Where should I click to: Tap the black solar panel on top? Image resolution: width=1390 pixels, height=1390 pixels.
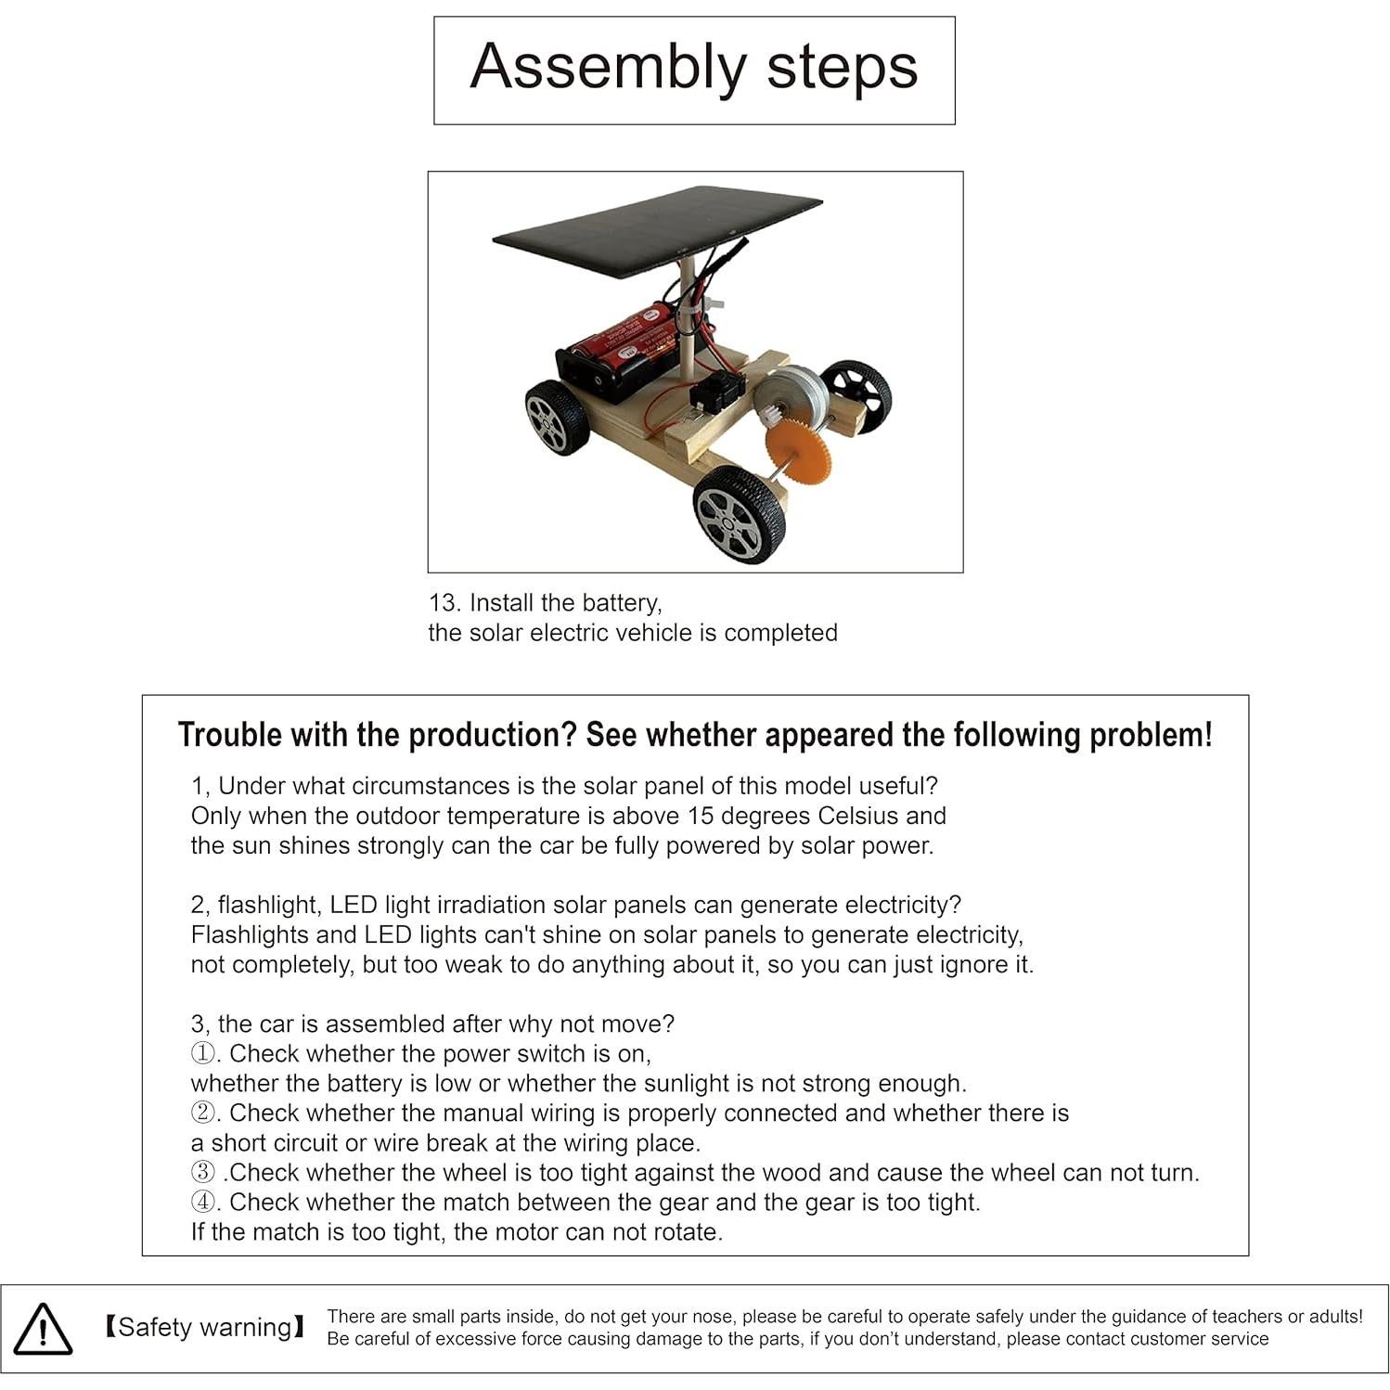coord(657,230)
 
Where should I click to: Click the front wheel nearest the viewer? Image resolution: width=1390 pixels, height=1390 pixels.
coord(740,513)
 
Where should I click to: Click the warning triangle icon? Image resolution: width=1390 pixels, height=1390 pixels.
coord(43,1329)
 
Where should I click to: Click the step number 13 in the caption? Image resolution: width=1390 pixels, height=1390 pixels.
coord(444,603)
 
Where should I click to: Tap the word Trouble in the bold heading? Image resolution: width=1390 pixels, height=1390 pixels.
coord(229,734)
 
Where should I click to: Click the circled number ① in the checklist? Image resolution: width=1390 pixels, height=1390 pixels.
coord(202,1054)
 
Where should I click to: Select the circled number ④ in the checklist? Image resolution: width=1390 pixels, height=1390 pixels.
coord(202,1203)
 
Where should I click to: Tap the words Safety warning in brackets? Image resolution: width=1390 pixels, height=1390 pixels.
coord(205,1327)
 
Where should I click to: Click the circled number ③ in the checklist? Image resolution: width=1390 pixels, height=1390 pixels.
coord(202,1173)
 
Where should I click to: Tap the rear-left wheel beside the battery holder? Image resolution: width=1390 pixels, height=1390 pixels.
coord(557,417)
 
